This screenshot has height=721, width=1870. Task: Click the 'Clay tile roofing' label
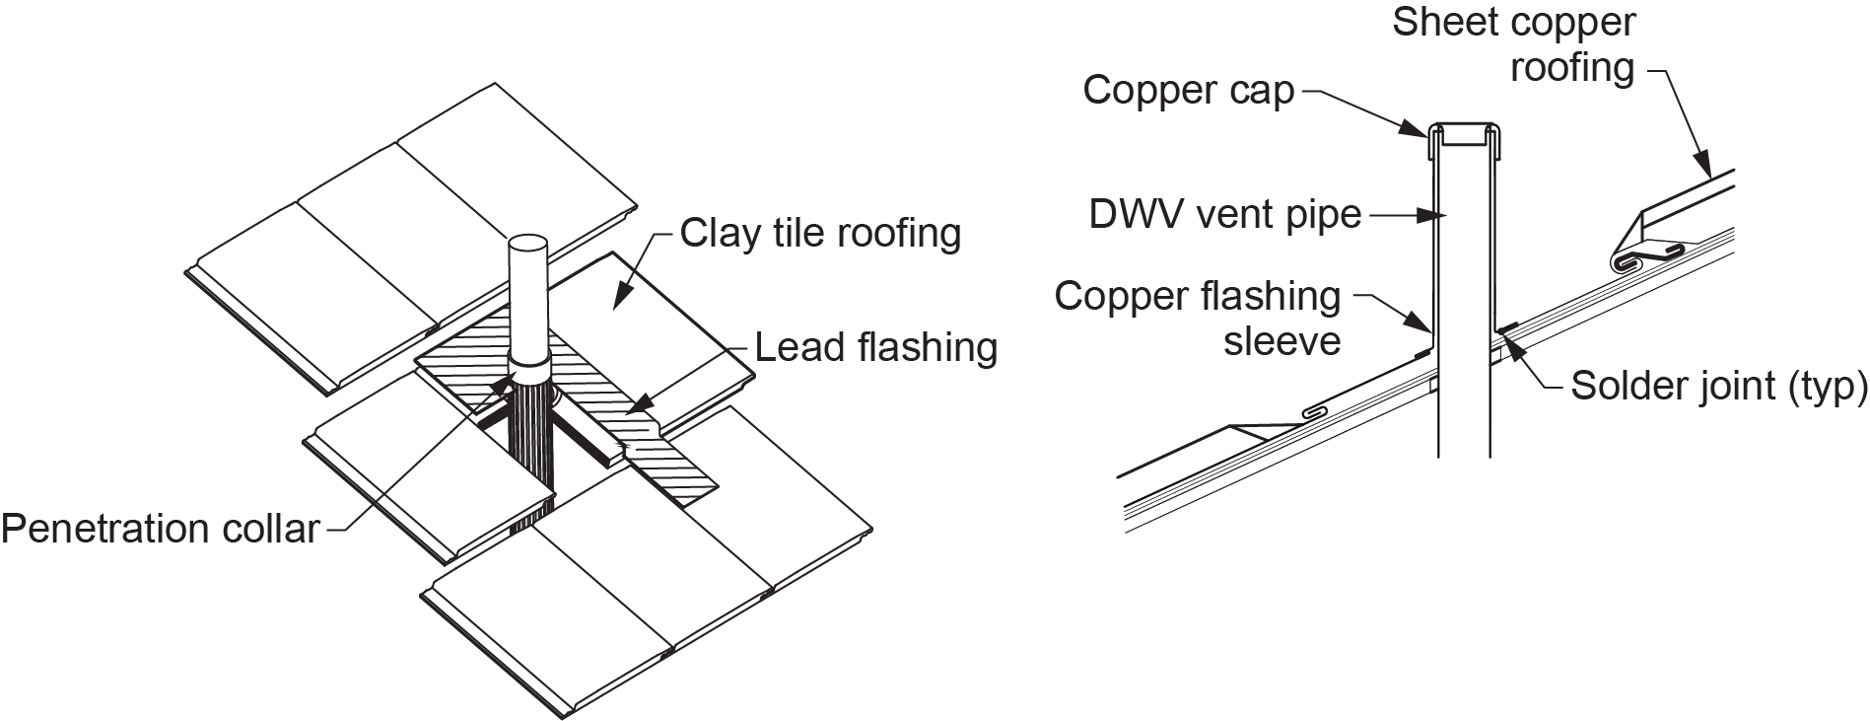pyautogui.click(x=820, y=234)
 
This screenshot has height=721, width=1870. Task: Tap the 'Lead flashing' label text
pyautogui.click(x=875, y=347)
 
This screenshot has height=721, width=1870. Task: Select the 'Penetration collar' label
pyautogui.click(x=160, y=530)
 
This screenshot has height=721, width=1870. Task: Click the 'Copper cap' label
pyautogui.click(x=1188, y=91)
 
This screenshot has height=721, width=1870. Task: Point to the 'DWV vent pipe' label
pyautogui.click(x=1224, y=214)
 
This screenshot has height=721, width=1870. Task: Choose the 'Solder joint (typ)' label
pyautogui.click(x=1718, y=386)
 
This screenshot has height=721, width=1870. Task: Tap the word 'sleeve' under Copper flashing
pyautogui.click(x=1281, y=341)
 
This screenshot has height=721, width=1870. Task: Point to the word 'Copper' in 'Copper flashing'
pyautogui.click(x=1112, y=296)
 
